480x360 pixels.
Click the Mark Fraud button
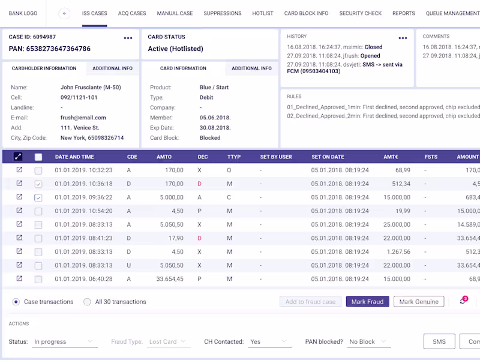(367, 302)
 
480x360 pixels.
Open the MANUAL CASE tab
(175, 13)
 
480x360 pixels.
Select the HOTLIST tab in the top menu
(263, 13)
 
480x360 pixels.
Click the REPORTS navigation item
(404, 13)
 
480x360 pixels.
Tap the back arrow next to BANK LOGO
(64, 13)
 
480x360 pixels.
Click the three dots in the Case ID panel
(128, 38)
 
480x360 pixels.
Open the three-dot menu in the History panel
(403, 38)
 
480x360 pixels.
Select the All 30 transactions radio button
(87, 302)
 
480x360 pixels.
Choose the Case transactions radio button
(16, 302)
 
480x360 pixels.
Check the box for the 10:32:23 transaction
(38, 170)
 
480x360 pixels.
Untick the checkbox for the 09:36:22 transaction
(38, 198)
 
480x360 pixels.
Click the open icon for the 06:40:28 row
(19, 278)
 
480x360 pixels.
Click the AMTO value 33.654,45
(170, 279)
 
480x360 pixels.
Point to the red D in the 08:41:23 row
(199, 238)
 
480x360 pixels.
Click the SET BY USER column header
(276, 157)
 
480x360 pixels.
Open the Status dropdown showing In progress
(65, 341)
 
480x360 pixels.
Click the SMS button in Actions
(439, 341)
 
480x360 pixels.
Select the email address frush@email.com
(83, 118)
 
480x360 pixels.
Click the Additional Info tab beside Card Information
(251, 68)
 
